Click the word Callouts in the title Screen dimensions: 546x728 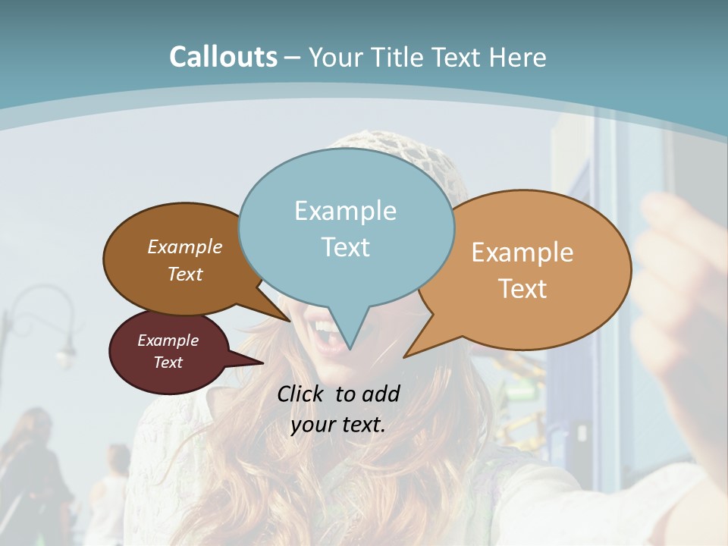point(223,57)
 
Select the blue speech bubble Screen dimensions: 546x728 point(346,227)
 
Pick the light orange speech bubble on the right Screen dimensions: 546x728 point(523,270)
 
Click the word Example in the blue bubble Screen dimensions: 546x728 point(345,211)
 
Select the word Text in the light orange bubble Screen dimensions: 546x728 point(522,289)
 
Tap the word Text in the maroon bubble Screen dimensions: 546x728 point(168,362)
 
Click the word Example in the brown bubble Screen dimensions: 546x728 point(185,247)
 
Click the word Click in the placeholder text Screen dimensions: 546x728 point(300,394)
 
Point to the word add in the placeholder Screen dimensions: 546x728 point(381,394)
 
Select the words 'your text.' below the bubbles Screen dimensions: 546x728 point(338,425)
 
